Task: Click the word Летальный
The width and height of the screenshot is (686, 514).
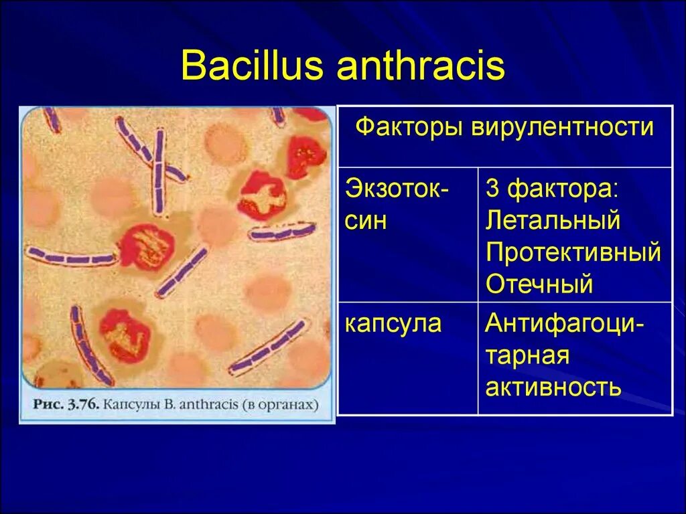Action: pos(553,221)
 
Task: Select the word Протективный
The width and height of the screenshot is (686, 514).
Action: pos(573,253)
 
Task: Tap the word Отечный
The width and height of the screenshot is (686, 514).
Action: pos(539,284)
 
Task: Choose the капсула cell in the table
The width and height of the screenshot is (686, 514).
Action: pos(393,324)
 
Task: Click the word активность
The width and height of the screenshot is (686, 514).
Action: pos(553,388)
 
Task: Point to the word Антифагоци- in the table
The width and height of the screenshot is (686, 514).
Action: pos(565,324)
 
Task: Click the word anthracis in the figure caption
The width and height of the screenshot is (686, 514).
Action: pos(210,405)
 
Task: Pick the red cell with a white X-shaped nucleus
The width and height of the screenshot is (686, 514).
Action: pos(262,195)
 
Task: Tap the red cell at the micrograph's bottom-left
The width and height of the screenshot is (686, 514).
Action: pos(123,335)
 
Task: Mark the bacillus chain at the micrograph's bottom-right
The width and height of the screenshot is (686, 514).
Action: pos(268,347)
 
